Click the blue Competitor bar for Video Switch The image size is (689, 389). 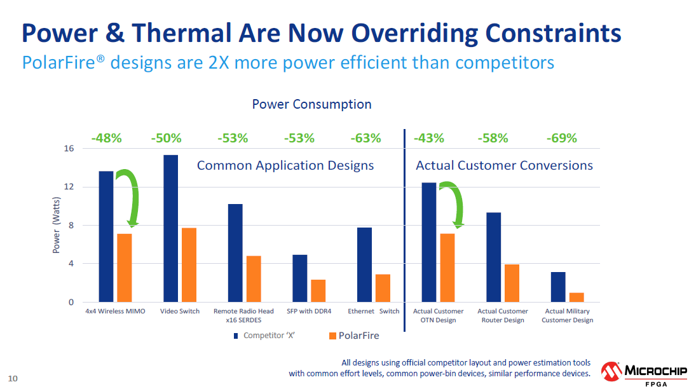point(170,228)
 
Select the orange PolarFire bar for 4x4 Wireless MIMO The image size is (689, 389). point(125,268)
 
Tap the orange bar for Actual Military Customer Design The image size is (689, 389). point(576,297)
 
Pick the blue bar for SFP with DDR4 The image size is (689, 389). point(299,278)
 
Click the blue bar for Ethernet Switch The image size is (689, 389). point(364,264)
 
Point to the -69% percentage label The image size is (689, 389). point(562,138)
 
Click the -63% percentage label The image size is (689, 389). point(365,138)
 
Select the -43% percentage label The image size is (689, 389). point(429,138)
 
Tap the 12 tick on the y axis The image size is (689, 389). point(69,187)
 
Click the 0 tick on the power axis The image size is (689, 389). point(71,303)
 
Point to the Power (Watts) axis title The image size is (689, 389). point(56,225)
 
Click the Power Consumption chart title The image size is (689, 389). point(311,104)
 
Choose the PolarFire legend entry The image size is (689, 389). point(354,336)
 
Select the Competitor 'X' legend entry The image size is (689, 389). point(264,336)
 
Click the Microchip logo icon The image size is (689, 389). point(611,372)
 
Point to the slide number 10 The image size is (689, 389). point(13,378)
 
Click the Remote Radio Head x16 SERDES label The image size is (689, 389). point(243,316)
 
